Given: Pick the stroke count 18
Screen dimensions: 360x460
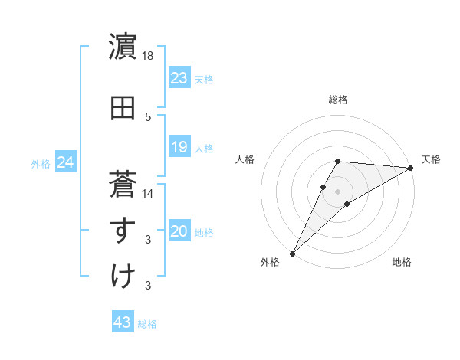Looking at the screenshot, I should (149, 56).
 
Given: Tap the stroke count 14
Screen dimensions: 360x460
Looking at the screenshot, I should (149, 194).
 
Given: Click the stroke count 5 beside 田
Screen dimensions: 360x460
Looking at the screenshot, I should (148, 116).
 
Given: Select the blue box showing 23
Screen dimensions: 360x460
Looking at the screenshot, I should (179, 78).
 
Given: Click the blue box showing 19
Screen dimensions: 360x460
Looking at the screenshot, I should (179, 147).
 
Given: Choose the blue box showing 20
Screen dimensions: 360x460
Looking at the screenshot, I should (179, 232).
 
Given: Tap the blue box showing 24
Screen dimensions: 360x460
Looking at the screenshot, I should (66, 162).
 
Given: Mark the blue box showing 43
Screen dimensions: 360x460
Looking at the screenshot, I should (123, 322).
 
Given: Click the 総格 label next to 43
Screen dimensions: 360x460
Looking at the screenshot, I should (147, 324).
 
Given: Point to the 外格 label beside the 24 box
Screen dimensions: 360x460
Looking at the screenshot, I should (41, 164).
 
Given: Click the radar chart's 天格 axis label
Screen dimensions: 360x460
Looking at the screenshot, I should (432, 159).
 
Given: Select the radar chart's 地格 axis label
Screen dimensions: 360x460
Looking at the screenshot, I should (402, 263).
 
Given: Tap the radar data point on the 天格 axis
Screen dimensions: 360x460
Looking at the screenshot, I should (411, 169).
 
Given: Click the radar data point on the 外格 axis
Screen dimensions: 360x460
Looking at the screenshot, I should (293, 252).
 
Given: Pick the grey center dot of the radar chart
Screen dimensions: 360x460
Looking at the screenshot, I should (337, 191).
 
